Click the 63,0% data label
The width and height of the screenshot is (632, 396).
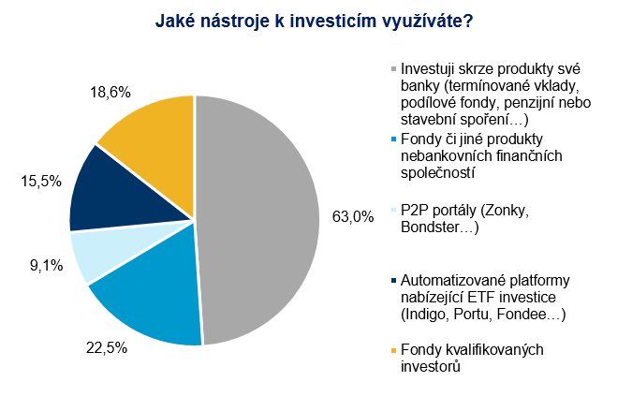point(353,217)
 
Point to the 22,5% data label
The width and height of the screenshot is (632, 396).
point(107,347)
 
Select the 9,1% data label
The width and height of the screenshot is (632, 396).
point(47,266)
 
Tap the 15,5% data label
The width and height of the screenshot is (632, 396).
point(41,182)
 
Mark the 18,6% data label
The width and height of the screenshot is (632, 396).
point(110,93)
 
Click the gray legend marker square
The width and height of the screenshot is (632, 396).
point(394,69)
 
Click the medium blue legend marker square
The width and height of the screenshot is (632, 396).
point(394,139)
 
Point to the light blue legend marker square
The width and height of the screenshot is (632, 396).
point(394,210)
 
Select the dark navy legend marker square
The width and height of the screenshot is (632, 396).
point(394,280)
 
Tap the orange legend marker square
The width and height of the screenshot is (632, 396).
point(394,350)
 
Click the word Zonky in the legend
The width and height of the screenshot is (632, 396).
point(505,211)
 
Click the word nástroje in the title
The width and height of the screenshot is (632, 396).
point(234,22)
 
